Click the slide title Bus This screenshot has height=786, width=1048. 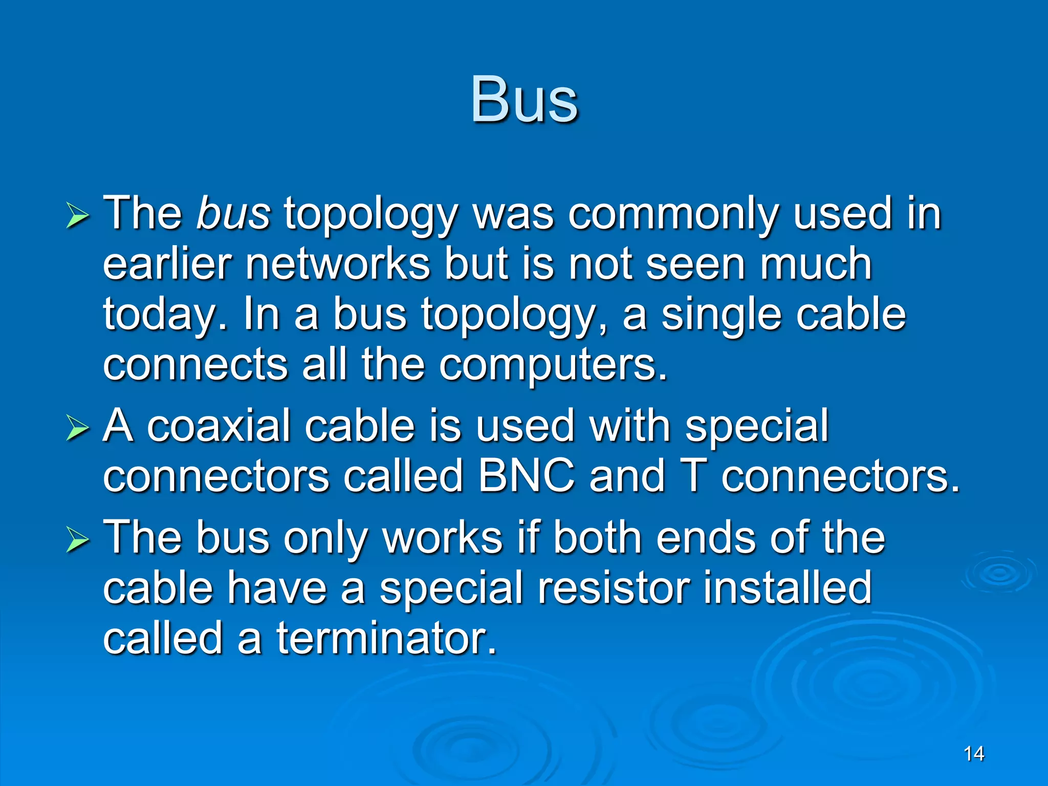[524, 100]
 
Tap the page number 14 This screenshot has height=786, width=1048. [973, 754]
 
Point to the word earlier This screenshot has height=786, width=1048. [167, 264]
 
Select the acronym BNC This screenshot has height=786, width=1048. [527, 476]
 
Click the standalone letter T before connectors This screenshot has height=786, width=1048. [694, 476]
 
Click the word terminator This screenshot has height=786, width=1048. [387, 638]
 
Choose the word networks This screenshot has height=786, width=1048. [338, 264]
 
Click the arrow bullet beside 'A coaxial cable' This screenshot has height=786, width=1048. [78, 429]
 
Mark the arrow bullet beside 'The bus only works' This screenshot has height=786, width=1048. [78, 540]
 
